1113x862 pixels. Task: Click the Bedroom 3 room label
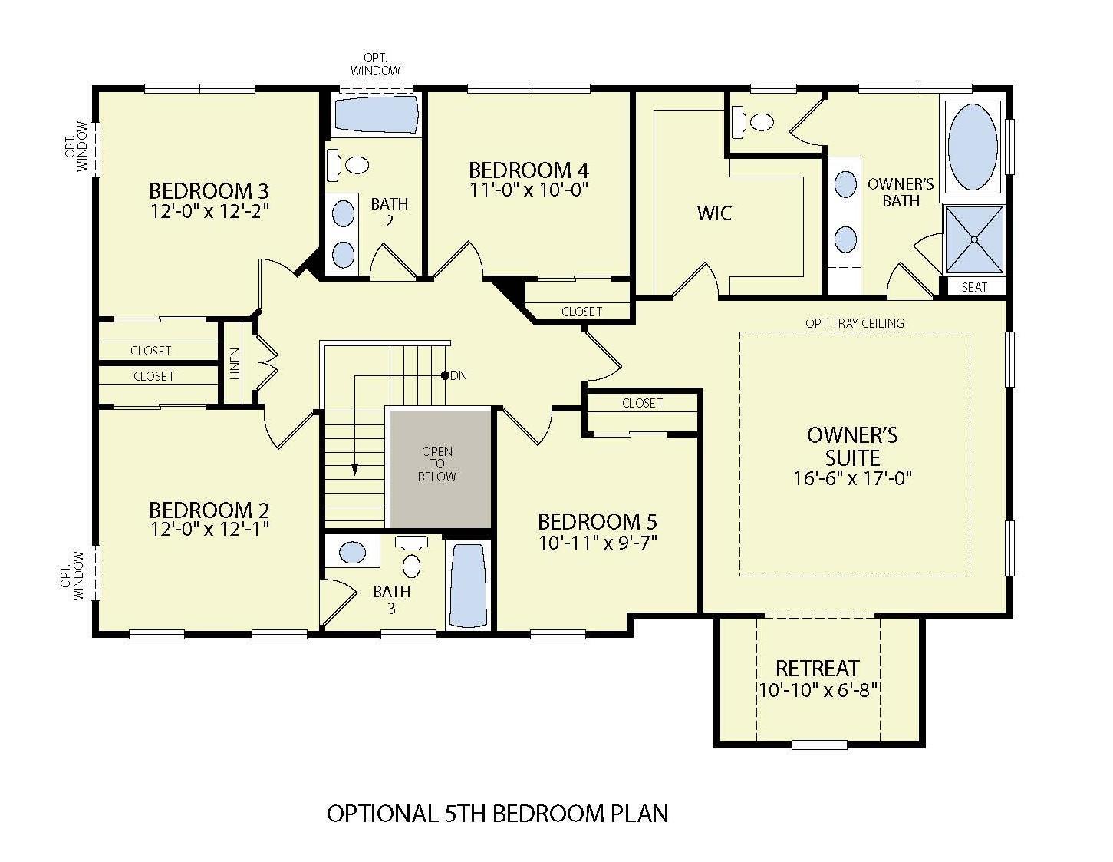209,190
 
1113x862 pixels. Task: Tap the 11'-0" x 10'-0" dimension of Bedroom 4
529,189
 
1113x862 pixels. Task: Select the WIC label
714,213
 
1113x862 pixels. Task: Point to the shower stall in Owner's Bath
973,239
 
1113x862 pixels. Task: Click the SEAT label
974,287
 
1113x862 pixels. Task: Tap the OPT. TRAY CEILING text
855,323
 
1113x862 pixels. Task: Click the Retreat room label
817,668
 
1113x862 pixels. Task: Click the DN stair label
458,375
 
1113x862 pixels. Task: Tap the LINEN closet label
235,363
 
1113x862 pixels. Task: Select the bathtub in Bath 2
376,116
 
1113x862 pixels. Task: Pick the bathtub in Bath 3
467,585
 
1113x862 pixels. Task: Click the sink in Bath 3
352,552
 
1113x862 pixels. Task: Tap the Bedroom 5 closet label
642,403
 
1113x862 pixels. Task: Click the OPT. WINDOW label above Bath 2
375,65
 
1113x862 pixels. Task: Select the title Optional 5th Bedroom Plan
497,813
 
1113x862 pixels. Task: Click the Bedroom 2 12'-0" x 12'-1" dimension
209,528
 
